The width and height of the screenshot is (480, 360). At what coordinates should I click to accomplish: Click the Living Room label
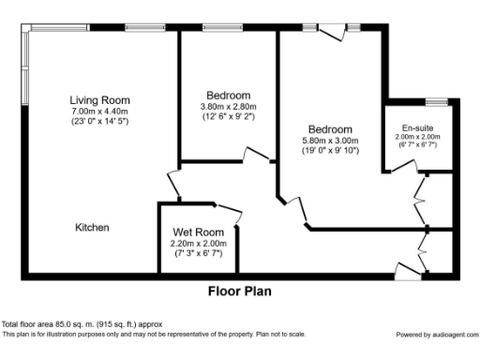(x=99, y=100)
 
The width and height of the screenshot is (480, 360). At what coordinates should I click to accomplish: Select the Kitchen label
(x=93, y=228)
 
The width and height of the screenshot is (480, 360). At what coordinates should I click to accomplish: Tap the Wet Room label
(x=197, y=232)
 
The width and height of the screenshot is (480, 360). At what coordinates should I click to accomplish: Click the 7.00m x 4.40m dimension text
(x=99, y=112)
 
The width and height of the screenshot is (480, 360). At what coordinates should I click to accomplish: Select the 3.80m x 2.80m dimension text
(x=228, y=106)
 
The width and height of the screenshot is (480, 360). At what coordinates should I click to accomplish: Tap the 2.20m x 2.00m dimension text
(x=197, y=244)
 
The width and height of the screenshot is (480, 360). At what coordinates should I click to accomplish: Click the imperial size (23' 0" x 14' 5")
(x=99, y=122)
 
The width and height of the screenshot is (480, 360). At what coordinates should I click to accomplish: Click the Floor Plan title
(x=239, y=291)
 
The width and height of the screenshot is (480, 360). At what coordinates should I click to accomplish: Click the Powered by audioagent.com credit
(x=435, y=335)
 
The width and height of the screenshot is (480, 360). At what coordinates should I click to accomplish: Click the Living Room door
(x=172, y=182)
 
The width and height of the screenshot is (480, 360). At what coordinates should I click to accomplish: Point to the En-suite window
(x=435, y=100)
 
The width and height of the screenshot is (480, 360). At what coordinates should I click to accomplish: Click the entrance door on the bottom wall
(x=407, y=272)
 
